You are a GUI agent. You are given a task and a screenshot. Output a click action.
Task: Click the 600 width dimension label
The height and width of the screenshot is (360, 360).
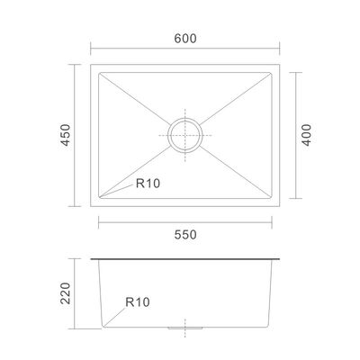coord(185,39)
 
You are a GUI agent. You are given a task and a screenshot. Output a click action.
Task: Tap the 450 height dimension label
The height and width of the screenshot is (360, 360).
coord(66,135)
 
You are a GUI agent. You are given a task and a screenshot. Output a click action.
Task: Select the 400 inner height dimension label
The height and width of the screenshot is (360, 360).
coord(306,135)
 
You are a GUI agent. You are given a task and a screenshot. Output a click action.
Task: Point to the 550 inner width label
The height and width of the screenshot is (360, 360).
coord(185,235)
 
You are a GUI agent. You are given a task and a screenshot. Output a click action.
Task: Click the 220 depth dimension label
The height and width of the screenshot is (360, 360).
coord(66,293)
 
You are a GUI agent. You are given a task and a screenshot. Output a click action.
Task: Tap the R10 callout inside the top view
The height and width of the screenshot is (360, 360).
coord(148,184)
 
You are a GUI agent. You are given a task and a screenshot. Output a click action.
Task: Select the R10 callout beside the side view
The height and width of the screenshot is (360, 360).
coord(138,302)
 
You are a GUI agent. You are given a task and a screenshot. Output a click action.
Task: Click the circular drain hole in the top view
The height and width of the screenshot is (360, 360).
coord(185,135)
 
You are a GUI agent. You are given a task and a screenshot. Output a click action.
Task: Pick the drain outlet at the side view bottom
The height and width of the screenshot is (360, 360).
coord(185,328)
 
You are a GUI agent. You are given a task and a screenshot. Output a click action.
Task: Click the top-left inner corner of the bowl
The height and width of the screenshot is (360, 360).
coord(99,73)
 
